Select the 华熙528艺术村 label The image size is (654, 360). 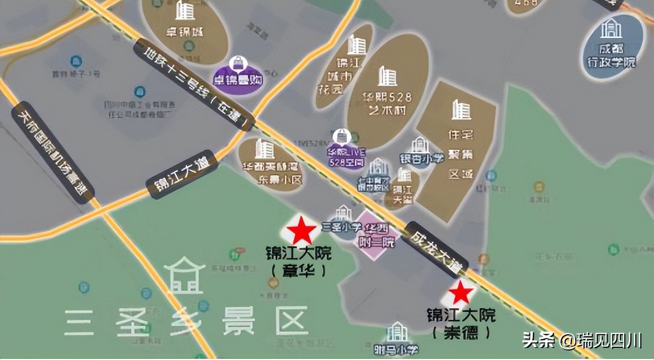coord(387,104)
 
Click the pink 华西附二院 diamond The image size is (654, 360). coord(377,235)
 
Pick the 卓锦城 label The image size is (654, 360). coord(184,32)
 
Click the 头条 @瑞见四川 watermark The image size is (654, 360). coord(581,340)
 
